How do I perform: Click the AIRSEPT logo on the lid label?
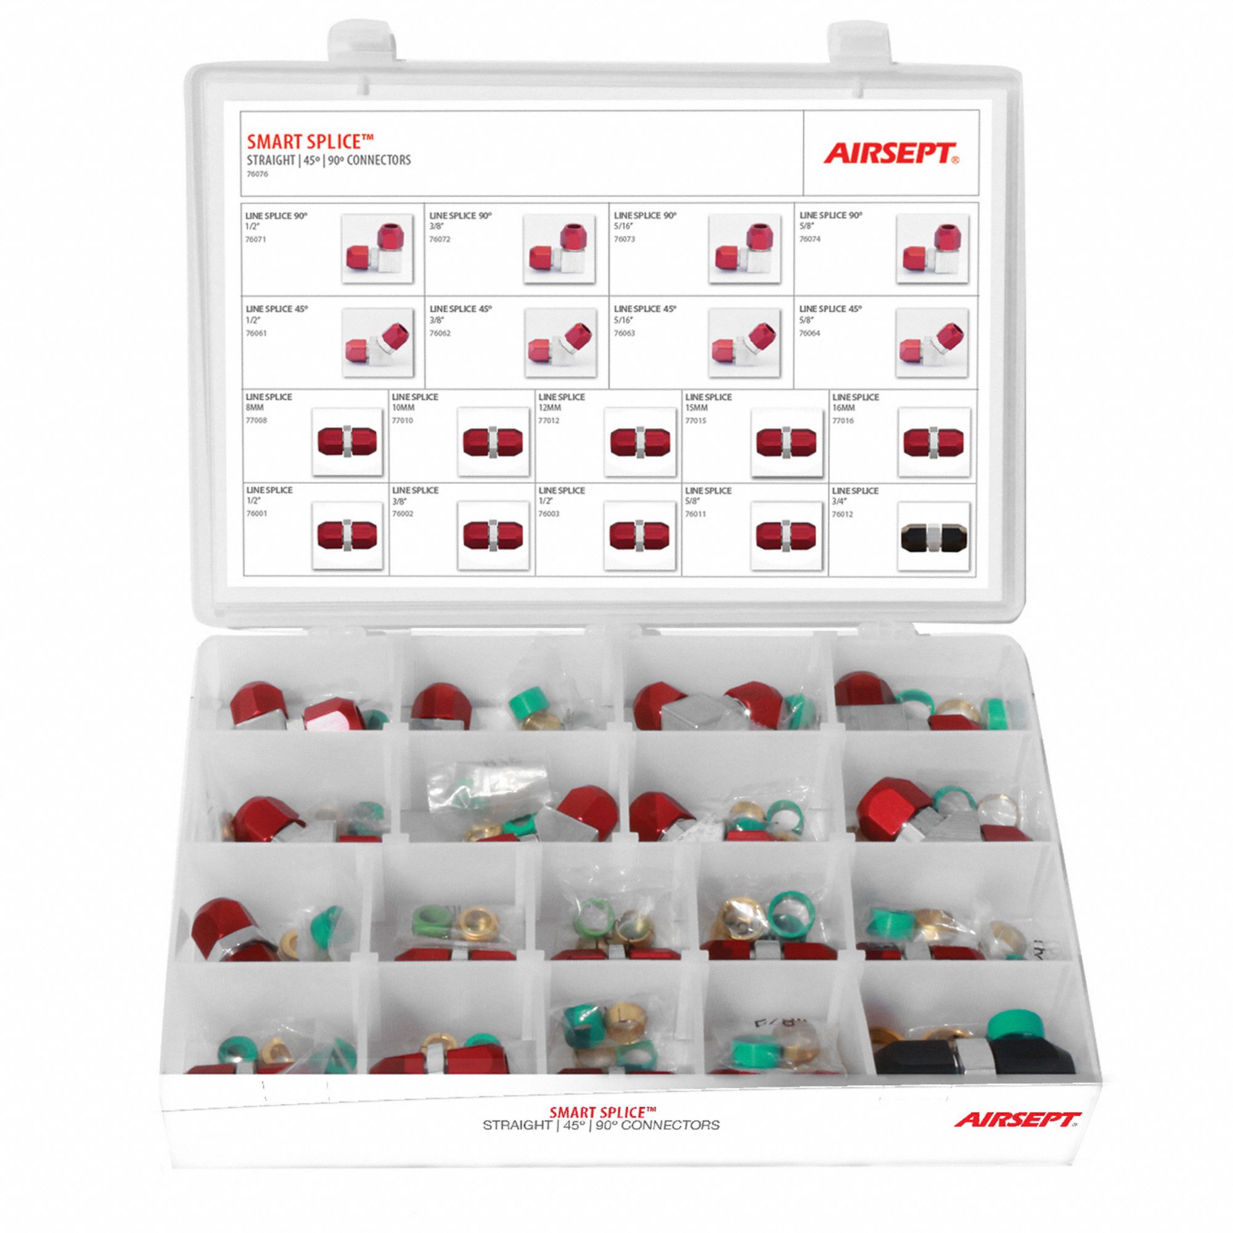[x=891, y=154]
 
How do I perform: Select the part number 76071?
[x=256, y=239]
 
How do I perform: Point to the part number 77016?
[x=844, y=420]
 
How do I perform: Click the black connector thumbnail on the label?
[x=933, y=536]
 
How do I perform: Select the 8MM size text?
[x=255, y=406]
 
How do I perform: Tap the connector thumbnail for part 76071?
[x=377, y=249]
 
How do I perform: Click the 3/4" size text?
[x=840, y=501]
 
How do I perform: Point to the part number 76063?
[x=624, y=333]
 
